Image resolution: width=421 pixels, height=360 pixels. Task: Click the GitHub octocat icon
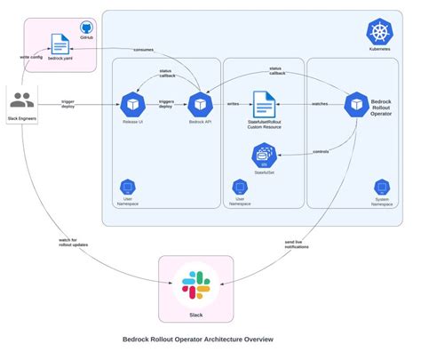(86, 28)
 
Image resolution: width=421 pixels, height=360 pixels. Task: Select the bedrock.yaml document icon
(60, 44)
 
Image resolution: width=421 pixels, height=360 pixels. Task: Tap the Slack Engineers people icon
(22, 100)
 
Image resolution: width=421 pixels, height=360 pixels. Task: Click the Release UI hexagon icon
(132, 103)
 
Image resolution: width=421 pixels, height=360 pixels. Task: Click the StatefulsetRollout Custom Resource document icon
(263, 103)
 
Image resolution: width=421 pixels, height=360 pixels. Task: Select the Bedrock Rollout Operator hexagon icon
(356, 103)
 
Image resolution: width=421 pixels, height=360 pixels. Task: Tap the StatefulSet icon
(263, 157)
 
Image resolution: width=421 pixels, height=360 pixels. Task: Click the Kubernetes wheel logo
(380, 33)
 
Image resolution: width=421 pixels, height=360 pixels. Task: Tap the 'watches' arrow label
(319, 104)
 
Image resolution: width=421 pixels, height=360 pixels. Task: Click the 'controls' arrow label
(321, 152)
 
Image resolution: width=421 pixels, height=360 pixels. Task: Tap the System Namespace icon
(382, 188)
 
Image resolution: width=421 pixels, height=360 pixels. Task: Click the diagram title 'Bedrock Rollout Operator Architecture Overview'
(197, 339)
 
